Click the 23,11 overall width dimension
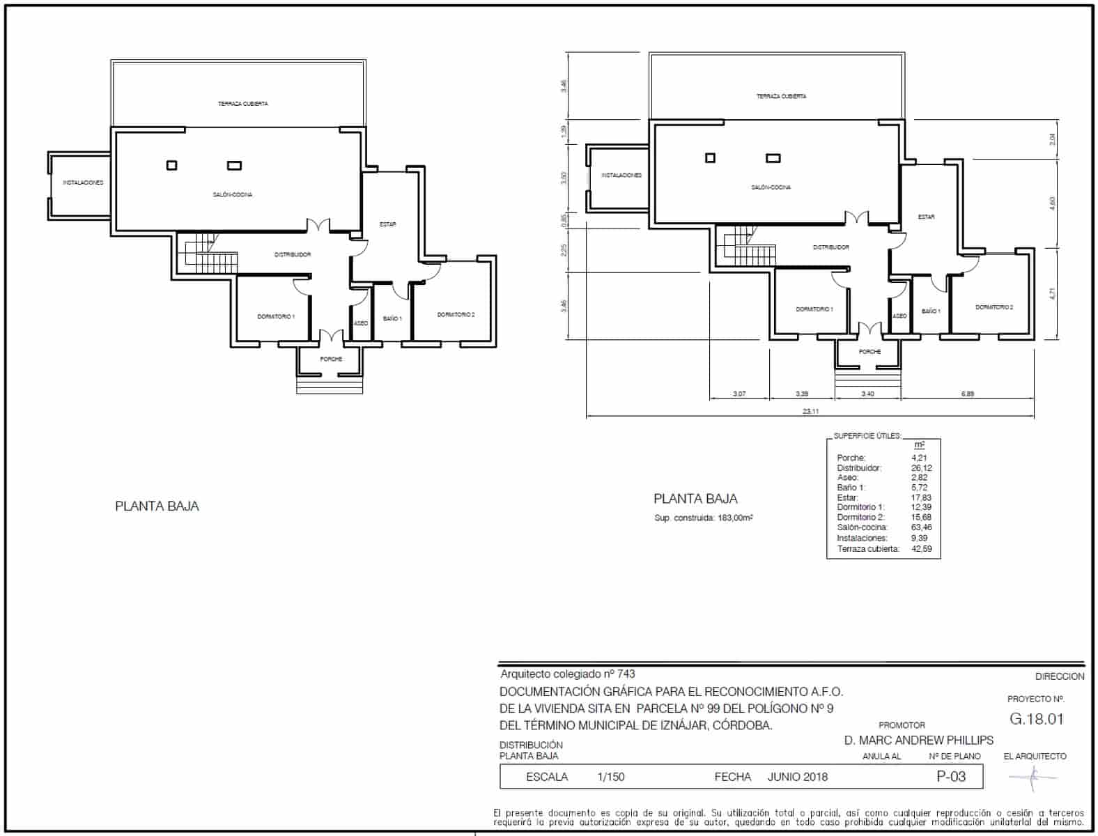pyautogui.click(x=810, y=412)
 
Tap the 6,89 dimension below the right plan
pyautogui.click(x=967, y=394)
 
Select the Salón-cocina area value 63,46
pyautogui.click(x=921, y=527)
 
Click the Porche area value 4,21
pyautogui.click(x=919, y=458)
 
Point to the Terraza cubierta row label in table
pyautogui.click(x=868, y=549)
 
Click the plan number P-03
pyautogui.click(x=951, y=776)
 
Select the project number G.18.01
pyautogui.click(x=1036, y=719)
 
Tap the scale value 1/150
pyautogui.click(x=611, y=777)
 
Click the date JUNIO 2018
pyautogui.click(x=798, y=777)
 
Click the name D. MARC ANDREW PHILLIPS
pyautogui.click(x=918, y=740)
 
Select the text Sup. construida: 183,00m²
pyautogui.click(x=704, y=518)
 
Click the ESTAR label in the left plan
pyautogui.click(x=388, y=224)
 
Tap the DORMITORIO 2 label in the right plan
pyautogui.click(x=993, y=307)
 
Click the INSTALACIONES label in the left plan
pyautogui.click(x=83, y=183)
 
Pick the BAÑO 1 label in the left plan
pyautogui.click(x=392, y=318)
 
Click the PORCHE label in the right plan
pyautogui.click(x=869, y=352)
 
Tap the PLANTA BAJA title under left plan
pyautogui.click(x=157, y=506)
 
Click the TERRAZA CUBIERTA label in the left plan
pyautogui.click(x=242, y=104)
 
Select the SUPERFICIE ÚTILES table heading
pyautogui.click(x=867, y=436)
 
